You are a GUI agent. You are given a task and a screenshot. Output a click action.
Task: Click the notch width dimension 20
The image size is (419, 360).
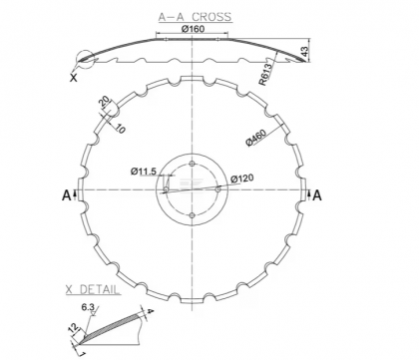[x=104, y=102]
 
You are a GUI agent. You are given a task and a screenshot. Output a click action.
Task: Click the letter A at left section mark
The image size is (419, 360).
[x=67, y=196]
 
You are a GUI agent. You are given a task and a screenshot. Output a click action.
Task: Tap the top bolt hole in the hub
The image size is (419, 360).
[x=192, y=163]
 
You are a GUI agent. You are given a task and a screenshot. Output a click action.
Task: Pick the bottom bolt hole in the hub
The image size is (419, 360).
[x=192, y=215]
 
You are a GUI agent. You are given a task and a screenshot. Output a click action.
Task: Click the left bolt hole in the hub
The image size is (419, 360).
[x=166, y=189]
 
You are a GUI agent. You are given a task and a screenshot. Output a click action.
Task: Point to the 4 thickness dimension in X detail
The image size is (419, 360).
[x=150, y=313]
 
